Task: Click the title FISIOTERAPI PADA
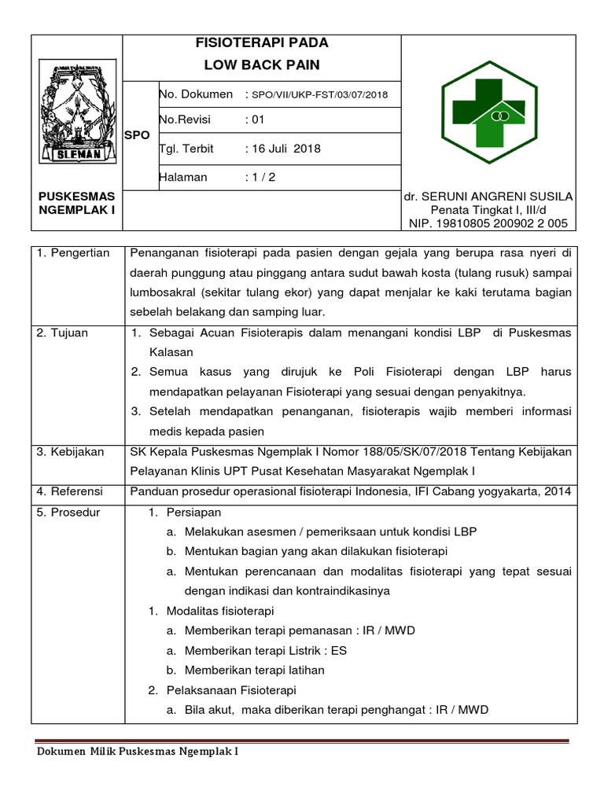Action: (262, 43)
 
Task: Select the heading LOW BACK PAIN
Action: (262, 64)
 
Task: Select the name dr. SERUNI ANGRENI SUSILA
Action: (488, 197)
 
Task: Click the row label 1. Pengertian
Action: (74, 253)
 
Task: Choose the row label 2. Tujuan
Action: (63, 333)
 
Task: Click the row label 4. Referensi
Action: (70, 491)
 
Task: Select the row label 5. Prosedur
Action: (68, 513)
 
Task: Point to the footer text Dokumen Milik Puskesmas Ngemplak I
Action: (138, 752)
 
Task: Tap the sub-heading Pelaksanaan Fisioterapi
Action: (230, 690)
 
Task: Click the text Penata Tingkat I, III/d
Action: (488, 211)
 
